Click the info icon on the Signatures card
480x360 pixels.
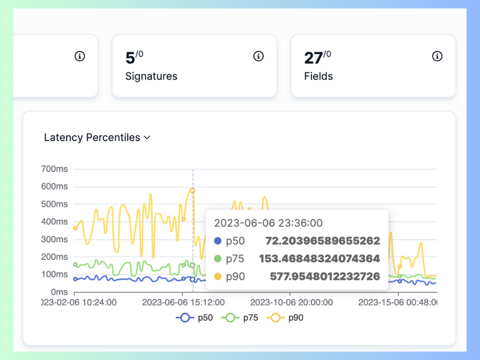(x=258, y=56)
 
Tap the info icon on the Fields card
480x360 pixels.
(x=437, y=56)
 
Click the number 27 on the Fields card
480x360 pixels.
(x=314, y=58)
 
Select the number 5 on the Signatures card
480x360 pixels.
(x=130, y=58)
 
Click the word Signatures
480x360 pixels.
(x=151, y=76)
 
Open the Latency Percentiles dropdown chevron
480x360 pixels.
(x=147, y=138)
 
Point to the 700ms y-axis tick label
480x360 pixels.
(x=55, y=169)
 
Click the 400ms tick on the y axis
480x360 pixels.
(x=55, y=222)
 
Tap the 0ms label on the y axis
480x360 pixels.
(x=59, y=292)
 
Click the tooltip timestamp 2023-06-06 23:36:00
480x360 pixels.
(x=268, y=223)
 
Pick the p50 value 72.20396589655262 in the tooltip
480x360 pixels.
(x=322, y=241)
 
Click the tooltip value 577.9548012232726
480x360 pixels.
(x=325, y=277)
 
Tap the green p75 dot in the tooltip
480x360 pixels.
(x=217, y=259)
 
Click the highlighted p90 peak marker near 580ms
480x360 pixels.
(x=193, y=191)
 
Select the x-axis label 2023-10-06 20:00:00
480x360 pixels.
(x=292, y=303)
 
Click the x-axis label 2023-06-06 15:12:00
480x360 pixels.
(x=183, y=303)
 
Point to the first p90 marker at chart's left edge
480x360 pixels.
(x=75, y=228)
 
